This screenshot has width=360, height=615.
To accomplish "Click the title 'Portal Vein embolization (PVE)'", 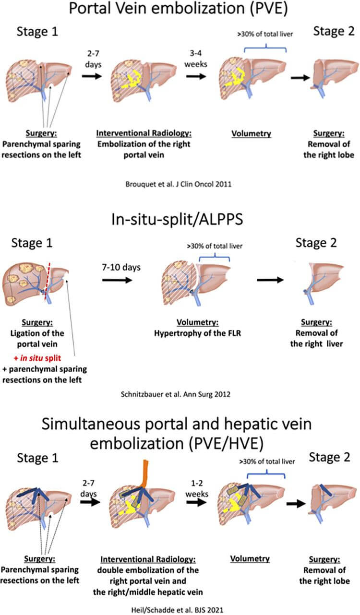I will (x=180, y=11).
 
